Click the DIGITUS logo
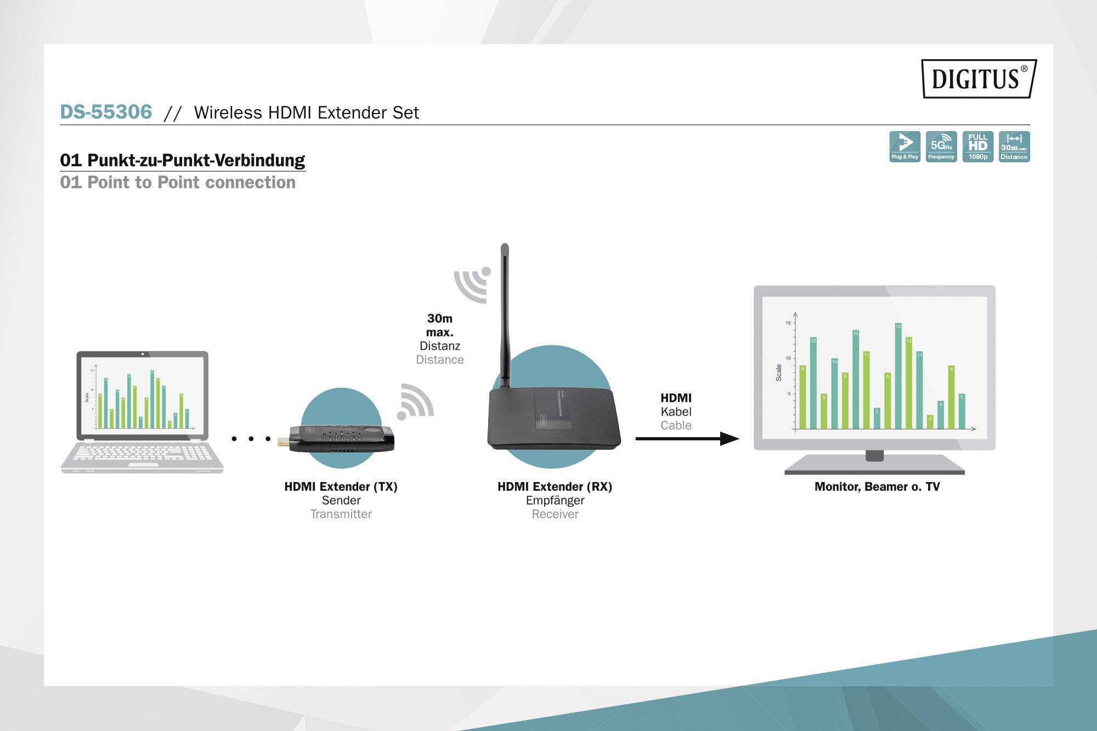[x=979, y=78]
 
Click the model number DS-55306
[x=106, y=112]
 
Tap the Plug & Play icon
[x=904, y=146]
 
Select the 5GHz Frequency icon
[x=941, y=146]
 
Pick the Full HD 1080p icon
[x=977, y=146]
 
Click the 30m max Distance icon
[x=1014, y=146]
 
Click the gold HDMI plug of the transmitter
[x=282, y=441]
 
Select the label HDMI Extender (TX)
[x=341, y=486]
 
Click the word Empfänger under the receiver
[x=555, y=500]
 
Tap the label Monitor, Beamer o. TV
[x=877, y=486]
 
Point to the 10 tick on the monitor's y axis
[x=788, y=358]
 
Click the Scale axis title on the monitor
[x=778, y=372]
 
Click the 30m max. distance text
[x=439, y=325]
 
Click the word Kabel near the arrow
[x=676, y=411]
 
